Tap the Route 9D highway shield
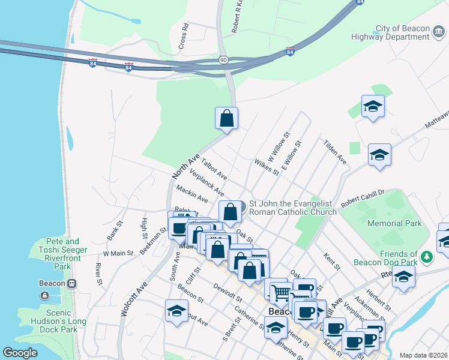coord(223,60)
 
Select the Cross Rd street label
coord(184,37)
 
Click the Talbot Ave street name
coord(214,169)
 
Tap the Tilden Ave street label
coord(335,152)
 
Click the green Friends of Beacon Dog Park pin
coord(427,257)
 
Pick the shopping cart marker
coord(280,293)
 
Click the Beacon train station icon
coord(71,283)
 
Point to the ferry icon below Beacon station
coord(45,295)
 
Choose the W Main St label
coord(118,253)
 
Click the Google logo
coord(20,353)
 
